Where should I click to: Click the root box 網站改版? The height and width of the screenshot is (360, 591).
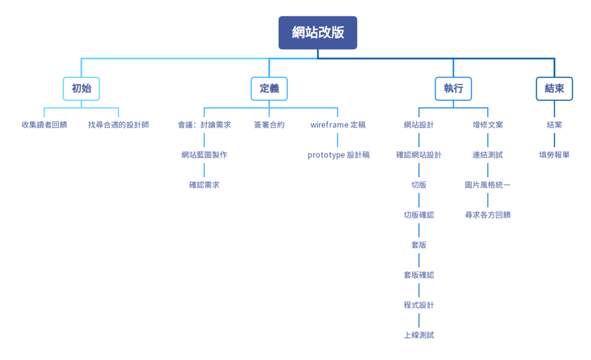tap(318, 32)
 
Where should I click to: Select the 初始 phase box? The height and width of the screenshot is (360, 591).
tap(81, 89)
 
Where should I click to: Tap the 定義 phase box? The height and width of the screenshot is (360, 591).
tap(269, 89)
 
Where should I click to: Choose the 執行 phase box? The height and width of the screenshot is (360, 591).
tap(453, 89)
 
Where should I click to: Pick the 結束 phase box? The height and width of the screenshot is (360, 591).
tap(554, 89)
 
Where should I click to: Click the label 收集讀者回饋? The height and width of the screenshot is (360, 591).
tap(44, 125)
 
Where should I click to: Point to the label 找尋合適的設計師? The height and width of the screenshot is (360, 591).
tap(118, 125)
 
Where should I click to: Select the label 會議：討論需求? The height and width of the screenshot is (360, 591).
tap(204, 125)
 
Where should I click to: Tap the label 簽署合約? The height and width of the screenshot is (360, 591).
tap(269, 125)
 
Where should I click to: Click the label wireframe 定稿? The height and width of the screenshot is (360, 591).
tap(338, 125)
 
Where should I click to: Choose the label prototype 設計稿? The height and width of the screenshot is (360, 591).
tap(338, 155)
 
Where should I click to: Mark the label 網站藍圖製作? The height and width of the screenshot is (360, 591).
tap(204, 155)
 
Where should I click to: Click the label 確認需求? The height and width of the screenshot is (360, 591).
tap(204, 185)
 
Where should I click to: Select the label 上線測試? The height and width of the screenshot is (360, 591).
tap(419, 335)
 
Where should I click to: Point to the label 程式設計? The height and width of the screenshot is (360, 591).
tap(419, 305)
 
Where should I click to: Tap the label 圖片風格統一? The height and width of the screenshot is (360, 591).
tap(488, 185)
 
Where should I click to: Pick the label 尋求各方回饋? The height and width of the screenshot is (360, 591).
tap(488, 215)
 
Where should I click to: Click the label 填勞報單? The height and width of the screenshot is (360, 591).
tap(554, 155)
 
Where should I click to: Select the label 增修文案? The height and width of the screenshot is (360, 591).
tap(488, 125)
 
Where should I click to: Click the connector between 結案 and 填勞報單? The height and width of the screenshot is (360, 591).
tap(554, 140)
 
